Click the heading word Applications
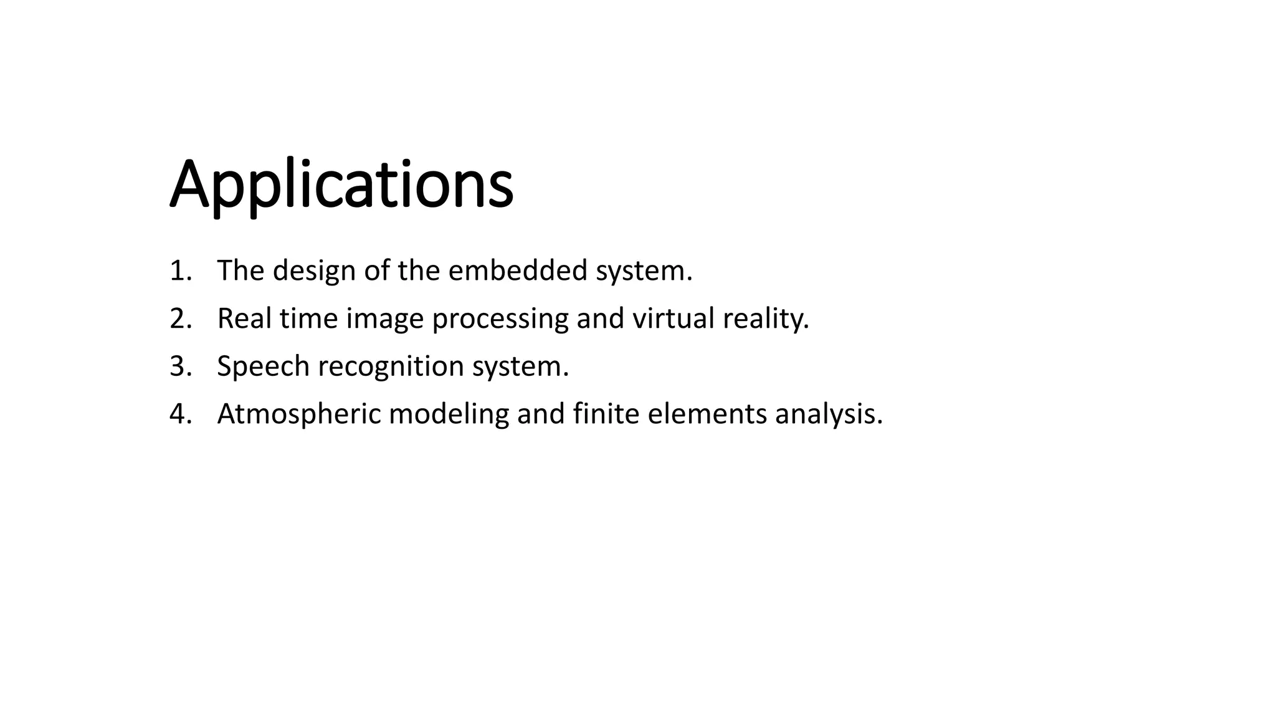coord(341,185)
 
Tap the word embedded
coord(518,270)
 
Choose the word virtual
coord(674,318)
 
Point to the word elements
coord(707,414)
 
